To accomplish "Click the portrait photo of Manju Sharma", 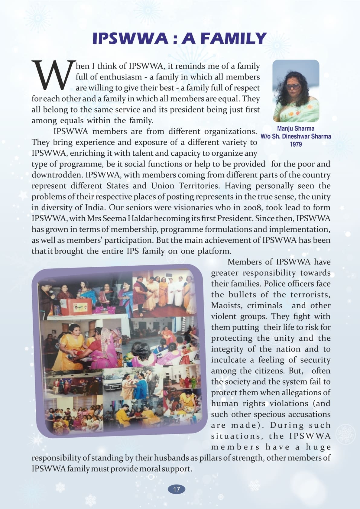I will (296, 91).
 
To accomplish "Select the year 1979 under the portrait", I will (296, 144).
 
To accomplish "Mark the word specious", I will (270, 414).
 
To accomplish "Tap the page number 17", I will (177, 489).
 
